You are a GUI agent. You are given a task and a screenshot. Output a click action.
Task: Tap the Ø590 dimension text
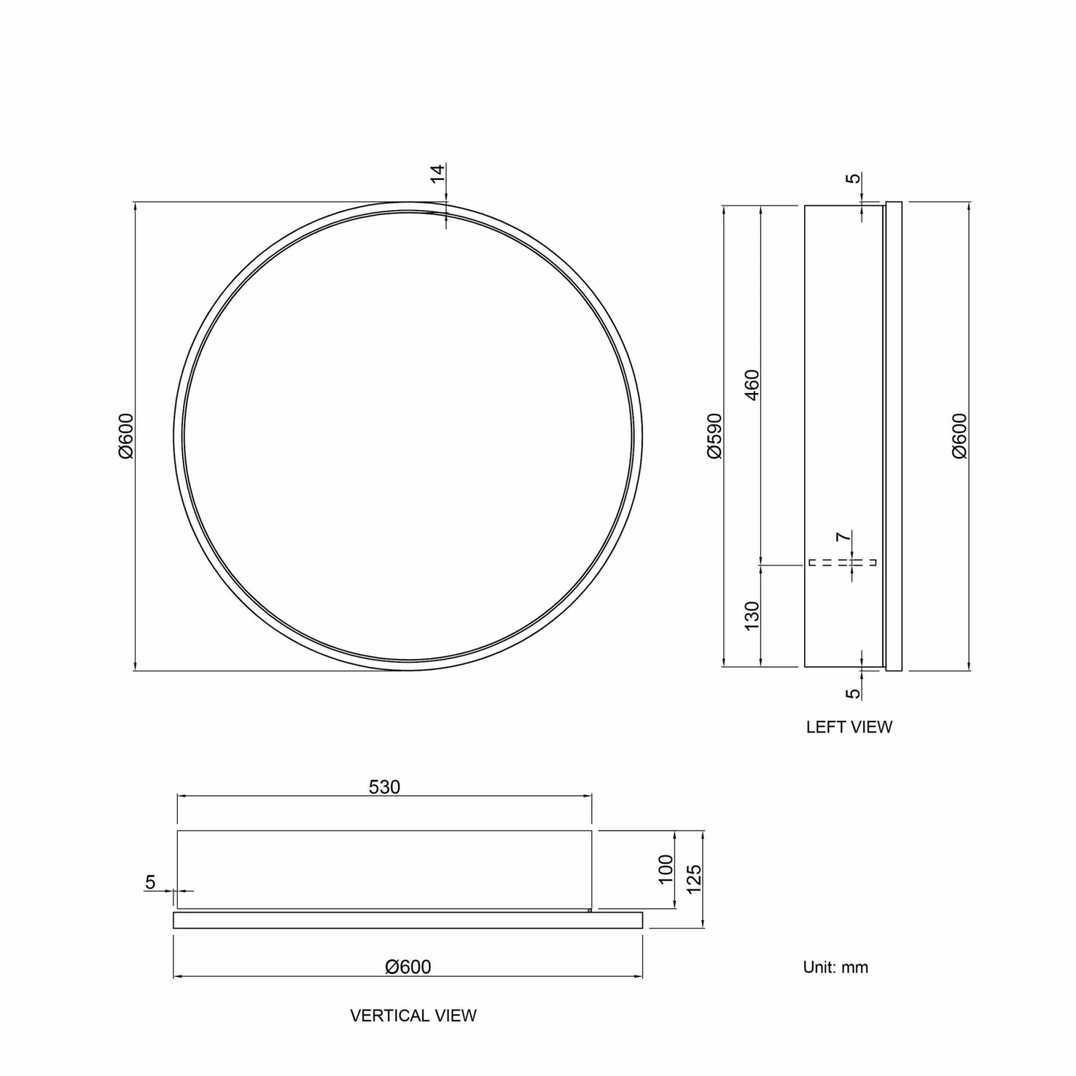point(714,435)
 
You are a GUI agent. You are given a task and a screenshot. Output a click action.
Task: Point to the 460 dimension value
point(751,384)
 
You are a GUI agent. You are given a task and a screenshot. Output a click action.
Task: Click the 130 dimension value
point(751,616)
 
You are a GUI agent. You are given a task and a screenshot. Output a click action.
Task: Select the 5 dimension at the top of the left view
point(852,178)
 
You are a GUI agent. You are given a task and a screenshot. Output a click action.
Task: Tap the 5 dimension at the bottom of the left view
point(852,694)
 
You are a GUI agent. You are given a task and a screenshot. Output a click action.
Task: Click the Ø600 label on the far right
point(960,435)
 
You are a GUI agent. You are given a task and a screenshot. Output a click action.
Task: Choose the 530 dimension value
point(384,787)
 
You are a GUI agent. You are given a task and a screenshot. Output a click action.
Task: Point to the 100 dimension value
point(666,869)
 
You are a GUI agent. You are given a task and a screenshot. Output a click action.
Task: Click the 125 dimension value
point(694,879)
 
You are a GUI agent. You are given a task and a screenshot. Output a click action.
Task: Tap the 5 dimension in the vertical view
point(150,882)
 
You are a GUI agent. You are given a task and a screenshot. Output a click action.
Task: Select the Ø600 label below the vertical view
point(408,967)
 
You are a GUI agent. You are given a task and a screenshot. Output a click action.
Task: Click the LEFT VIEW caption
point(849,727)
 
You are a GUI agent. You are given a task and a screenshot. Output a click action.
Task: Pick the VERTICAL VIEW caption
point(413,1015)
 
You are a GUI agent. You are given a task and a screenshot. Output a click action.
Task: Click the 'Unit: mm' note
point(835,967)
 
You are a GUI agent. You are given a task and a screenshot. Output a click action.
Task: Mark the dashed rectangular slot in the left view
point(842,562)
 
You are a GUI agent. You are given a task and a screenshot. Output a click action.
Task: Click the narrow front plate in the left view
point(894,436)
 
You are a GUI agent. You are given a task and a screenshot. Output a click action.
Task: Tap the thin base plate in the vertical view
point(407,920)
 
